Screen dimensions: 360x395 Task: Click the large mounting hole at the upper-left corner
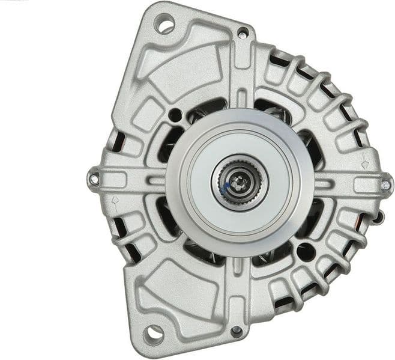point(164,25)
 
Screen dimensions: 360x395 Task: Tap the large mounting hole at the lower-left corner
point(154,332)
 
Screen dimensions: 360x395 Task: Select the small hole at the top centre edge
point(243,32)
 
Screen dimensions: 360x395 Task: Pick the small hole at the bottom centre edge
point(237,331)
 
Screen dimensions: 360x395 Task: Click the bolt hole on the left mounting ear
point(94,178)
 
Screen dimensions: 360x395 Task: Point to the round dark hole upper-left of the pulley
point(175,115)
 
